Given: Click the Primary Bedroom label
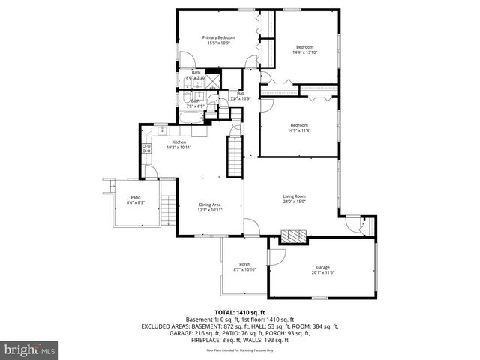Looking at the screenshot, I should (218, 37).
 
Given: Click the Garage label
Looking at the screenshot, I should (323, 266).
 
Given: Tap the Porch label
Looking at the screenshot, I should (244, 264).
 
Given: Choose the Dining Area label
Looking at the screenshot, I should (210, 205).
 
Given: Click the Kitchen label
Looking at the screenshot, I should (178, 142).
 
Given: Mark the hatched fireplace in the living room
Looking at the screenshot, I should (293, 237).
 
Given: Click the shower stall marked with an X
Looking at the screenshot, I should (212, 79).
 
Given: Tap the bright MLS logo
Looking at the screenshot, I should (28, 349).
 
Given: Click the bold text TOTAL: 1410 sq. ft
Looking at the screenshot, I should (240, 312).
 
